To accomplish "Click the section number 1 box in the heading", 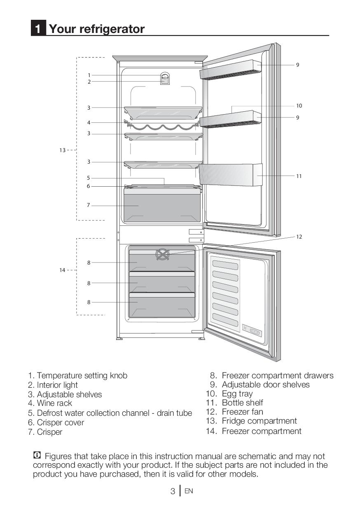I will pyautogui.click(x=38, y=29).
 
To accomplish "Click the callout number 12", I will pyautogui.click(x=299, y=237).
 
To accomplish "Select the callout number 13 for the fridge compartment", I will pyautogui.click(x=62, y=150).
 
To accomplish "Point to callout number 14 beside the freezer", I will pyautogui.click(x=62, y=270).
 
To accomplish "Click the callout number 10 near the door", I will pyautogui.click(x=299, y=106).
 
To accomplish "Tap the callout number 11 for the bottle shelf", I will pyautogui.click(x=299, y=176).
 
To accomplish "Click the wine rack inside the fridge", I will pyautogui.click(x=163, y=126).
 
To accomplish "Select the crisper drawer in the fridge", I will pyautogui.click(x=162, y=205).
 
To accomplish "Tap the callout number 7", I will pyautogui.click(x=88, y=205).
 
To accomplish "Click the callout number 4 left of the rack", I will pyautogui.click(x=88, y=122).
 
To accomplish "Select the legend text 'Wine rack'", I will pyautogui.click(x=54, y=403).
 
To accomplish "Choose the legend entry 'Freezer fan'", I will pyautogui.click(x=242, y=412).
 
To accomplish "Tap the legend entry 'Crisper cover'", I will pyautogui.click(x=60, y=422).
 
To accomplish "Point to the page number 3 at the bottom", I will pyautogui.click(x=173, y=491).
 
